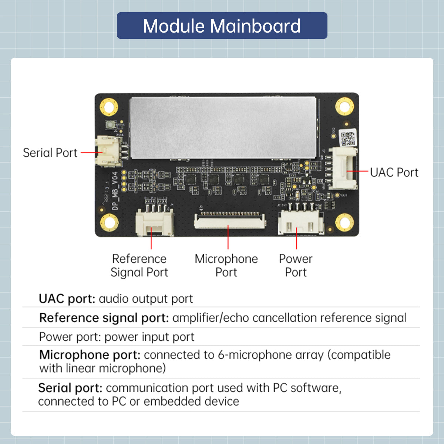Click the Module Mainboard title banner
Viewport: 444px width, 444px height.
pyautogui.click(x=222, y=26)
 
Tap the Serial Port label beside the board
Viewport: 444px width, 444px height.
pyautogui.click(x=50, y=153)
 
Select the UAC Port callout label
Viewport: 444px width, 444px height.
pyautogui.click(x=394, y=172)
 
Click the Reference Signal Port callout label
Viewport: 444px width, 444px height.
pyautogui.click(x=139, y=265)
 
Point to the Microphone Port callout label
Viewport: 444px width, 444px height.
pyautogui.click(x=226, y=265)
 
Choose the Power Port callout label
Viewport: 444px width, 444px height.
pyautogui.click(x=296, y=265)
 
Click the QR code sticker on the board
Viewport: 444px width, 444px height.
pyautogui.click(x=347, y=138)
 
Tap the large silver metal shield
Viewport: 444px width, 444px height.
pyautogui.click(x=223, y=128)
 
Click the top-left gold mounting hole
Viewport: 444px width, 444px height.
pyautogui.click(x=109, y=107)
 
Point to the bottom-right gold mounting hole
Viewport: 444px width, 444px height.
pyautogui.click(x=344, y=222)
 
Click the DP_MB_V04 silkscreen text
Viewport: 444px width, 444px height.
pyautogui.click(x=115, y=191)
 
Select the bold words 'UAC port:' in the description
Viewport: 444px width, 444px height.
pyautogui.click(x=67, y=299)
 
